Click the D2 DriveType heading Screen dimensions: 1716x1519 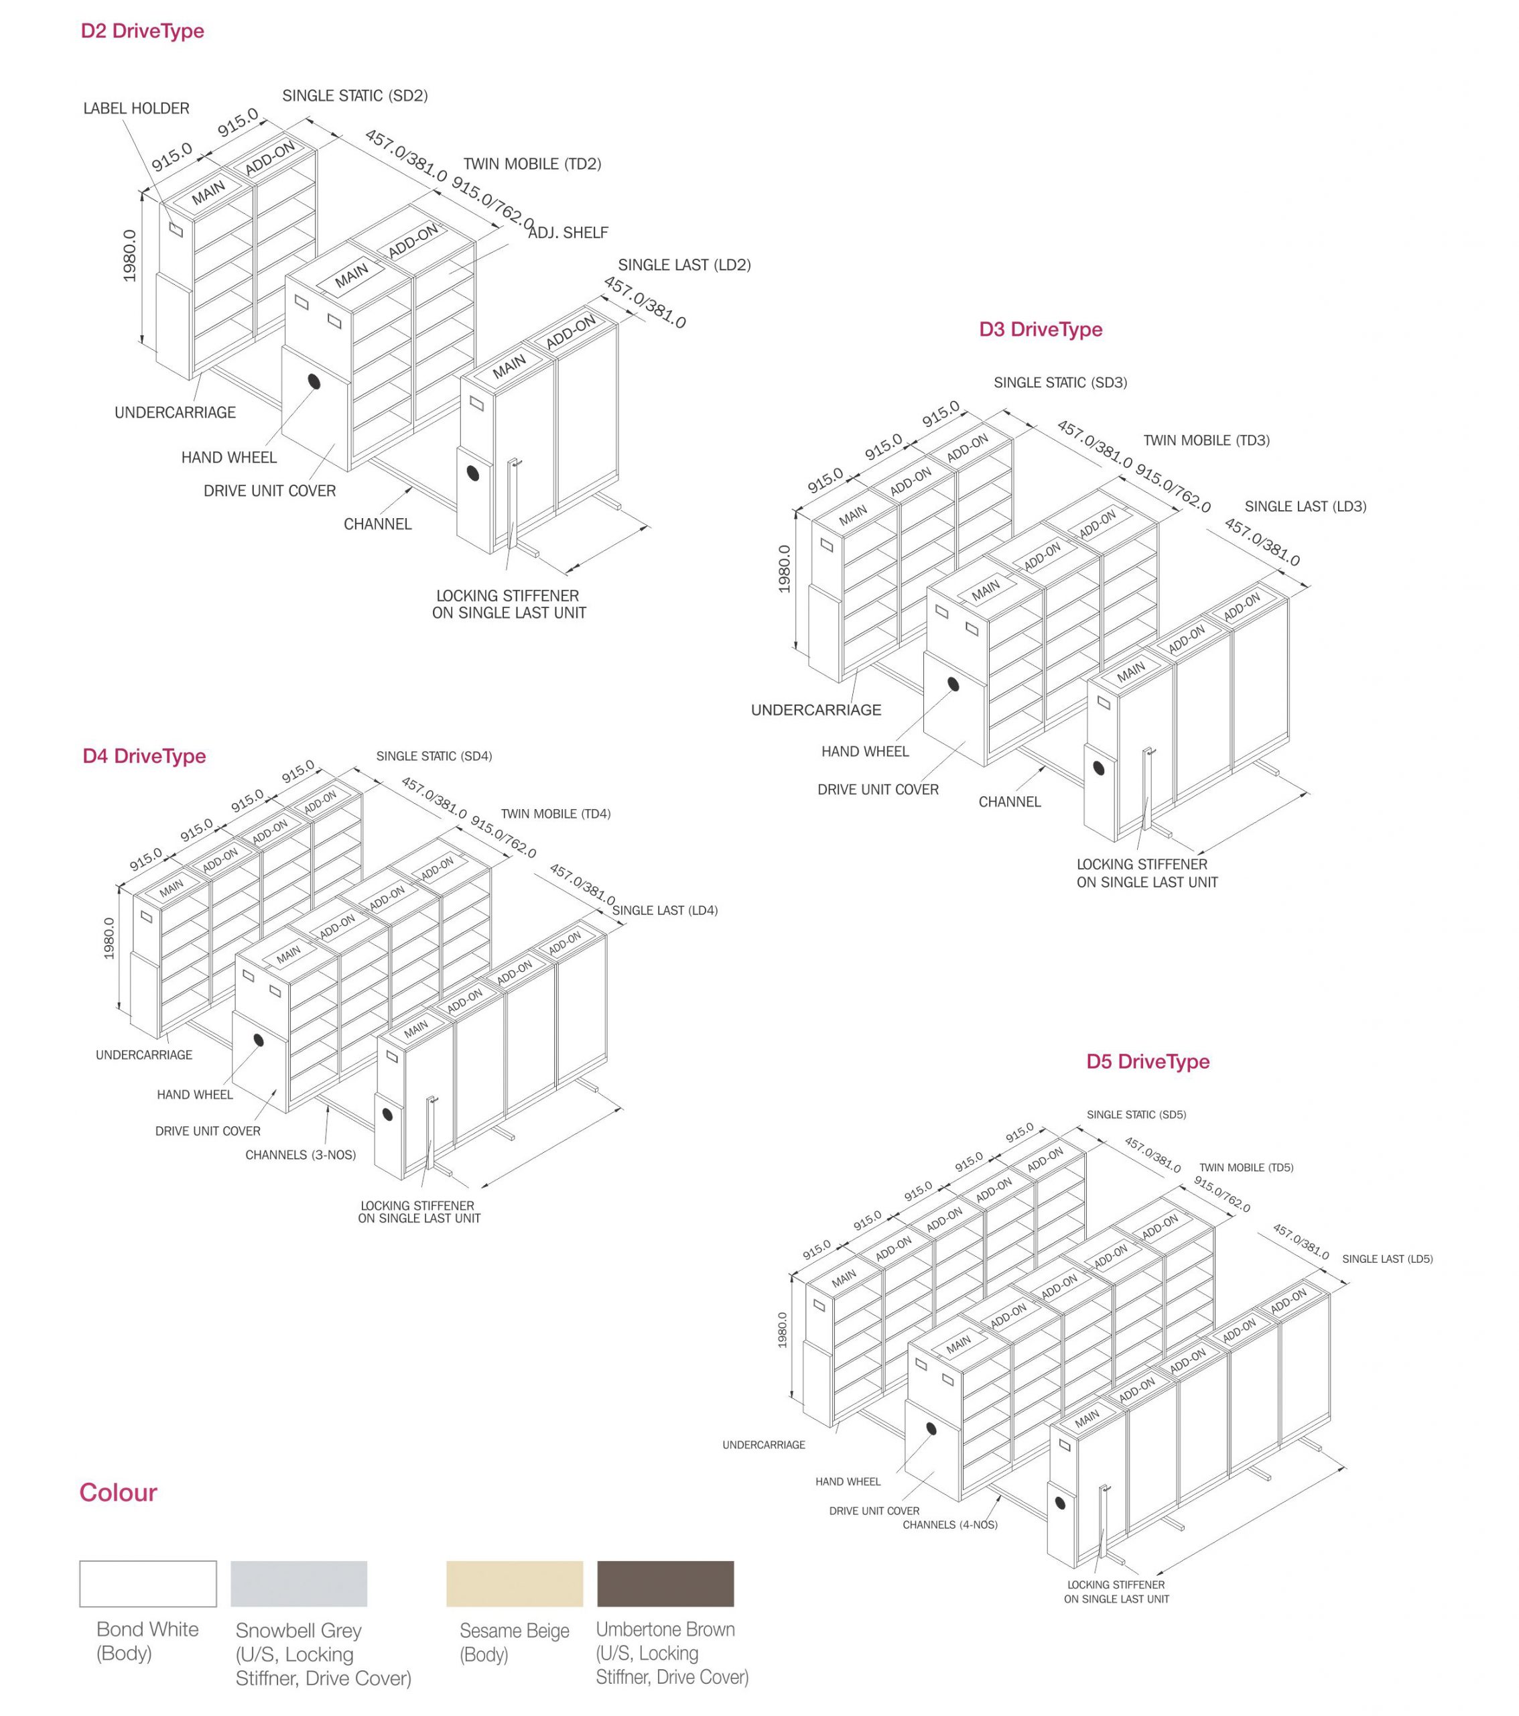pos(142,31)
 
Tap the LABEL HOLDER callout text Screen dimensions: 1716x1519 pos(136,109)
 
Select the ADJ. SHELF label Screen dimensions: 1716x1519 pos(568,233)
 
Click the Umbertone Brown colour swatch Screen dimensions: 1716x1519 pos(665,1583)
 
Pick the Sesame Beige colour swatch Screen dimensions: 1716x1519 pos(514,1583)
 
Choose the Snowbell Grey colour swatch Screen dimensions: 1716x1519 pos(299,1583)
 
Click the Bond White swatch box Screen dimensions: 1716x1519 pos(147,1583)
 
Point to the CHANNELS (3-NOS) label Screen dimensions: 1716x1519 pos(300,1154)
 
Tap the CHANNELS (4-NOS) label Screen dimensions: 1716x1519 pos(949,1524)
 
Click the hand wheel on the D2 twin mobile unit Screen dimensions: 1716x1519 pos(314,382)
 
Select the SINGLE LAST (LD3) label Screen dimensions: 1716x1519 pos(1305,506)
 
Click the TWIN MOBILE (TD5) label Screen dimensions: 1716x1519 pos(1246,1168)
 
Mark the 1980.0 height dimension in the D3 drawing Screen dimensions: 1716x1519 pos(784,568)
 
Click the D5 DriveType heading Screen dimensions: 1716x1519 pos(1147,1061)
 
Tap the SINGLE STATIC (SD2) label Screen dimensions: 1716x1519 pos(354,96)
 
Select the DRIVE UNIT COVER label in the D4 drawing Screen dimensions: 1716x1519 pos(207,1131)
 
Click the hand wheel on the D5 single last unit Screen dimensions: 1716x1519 pos(1061,1503)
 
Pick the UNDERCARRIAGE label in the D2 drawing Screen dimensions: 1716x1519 pos(175,412)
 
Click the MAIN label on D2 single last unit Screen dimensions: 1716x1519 pos(509,367)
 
